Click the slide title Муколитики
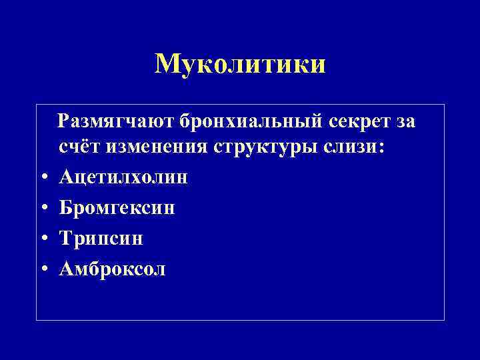[x=240, y=64]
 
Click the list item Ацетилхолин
[x=123, y=177]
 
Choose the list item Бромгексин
[x=117, y=207]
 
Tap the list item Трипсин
[x=101, y=238]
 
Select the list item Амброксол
[x=113, y=269]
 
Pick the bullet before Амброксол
[x=43, y=270]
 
